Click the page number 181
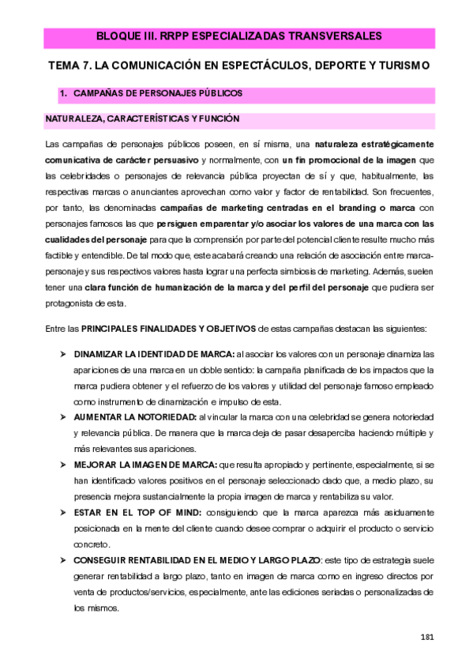pos(428,636)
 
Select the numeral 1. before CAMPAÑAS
pos(65,93)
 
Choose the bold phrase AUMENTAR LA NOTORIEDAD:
pos(136,416)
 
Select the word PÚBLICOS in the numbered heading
pos(220,93)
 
